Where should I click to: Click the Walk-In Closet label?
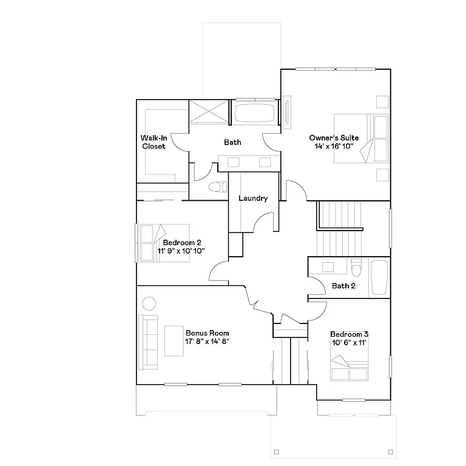tap(154, 142)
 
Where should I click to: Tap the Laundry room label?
tap(253, 198)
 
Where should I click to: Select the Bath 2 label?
tap(343, 286)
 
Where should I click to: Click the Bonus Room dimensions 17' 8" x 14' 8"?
tap(207, 341)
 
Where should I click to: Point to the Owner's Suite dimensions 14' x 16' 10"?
tap(333, 146)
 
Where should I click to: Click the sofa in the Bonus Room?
tap(148, 342)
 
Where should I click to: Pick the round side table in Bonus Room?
tap(149, 303)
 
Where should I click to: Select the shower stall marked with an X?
tap(208, 112)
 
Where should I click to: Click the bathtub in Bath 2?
tap(380, 277)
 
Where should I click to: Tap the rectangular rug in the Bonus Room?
tap(175, 341)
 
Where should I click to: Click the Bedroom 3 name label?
tap(349, 334)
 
